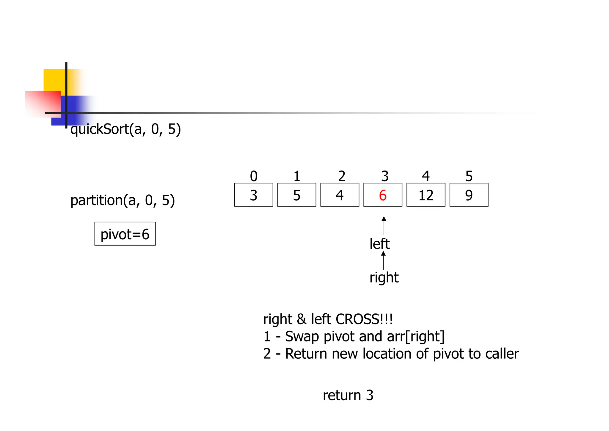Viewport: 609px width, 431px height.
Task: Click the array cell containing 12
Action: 426,195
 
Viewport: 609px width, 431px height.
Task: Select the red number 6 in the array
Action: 383,195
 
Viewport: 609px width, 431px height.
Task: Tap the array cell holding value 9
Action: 469,195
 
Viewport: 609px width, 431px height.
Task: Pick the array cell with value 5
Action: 296,195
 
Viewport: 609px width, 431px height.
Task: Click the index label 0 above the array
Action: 254,176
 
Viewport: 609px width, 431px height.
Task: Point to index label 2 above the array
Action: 342,176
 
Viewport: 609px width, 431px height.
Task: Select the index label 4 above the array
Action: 426,176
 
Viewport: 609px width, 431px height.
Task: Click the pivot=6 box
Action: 125,234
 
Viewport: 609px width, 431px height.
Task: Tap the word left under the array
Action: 379,244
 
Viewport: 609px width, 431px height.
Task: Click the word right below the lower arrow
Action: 384,277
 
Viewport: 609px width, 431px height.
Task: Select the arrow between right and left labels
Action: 383,260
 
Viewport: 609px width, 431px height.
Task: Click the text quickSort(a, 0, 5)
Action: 125,129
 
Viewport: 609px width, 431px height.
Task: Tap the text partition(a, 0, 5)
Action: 123,200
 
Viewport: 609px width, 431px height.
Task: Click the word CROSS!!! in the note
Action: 364,319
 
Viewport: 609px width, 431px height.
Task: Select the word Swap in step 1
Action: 302,336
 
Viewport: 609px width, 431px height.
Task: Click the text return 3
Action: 348,395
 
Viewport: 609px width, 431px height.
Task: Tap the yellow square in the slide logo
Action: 55,80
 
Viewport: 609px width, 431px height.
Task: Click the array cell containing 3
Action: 254,195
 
